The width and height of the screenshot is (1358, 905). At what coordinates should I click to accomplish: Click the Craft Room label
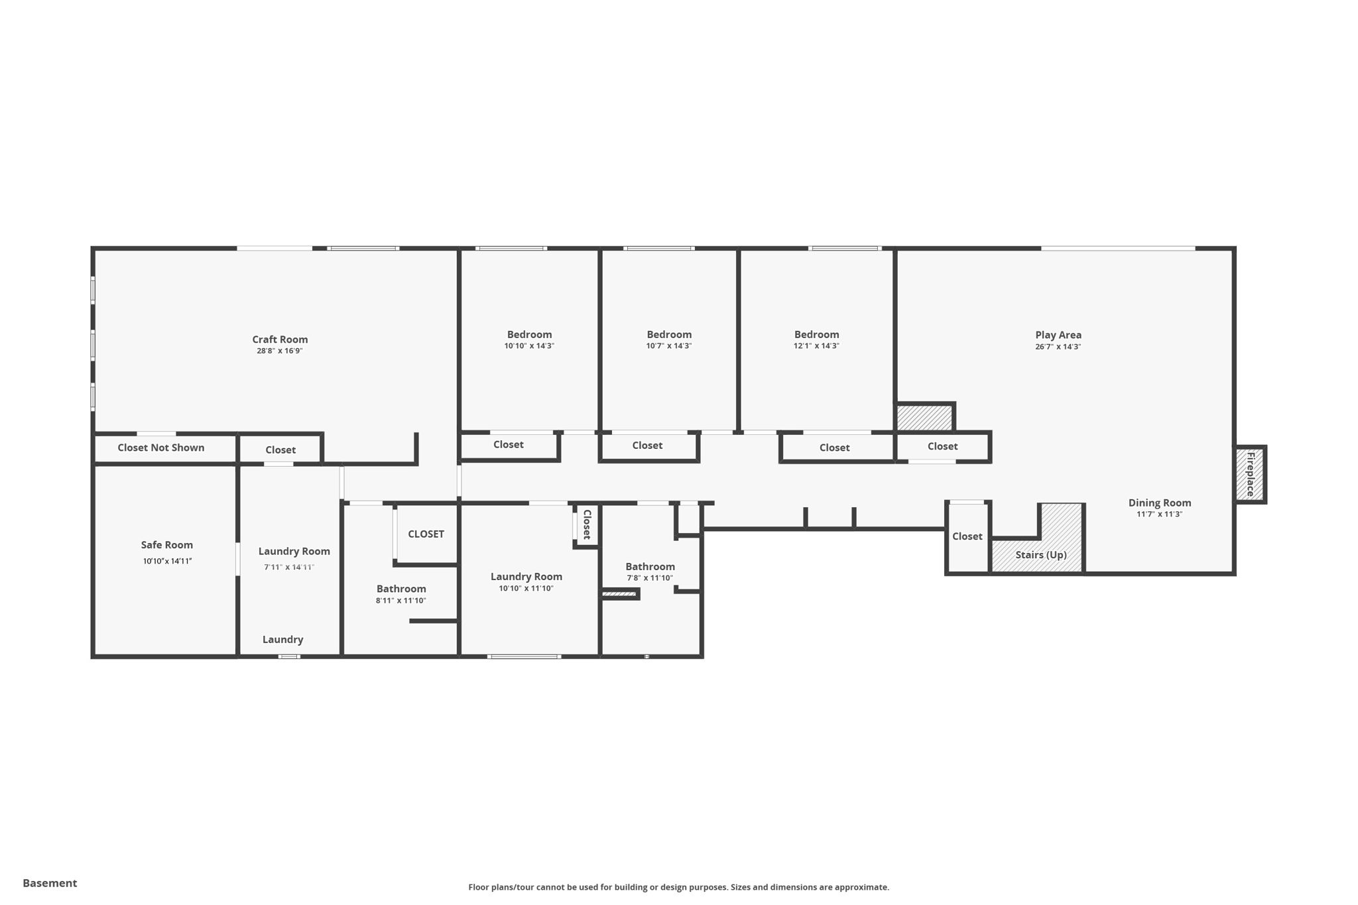click(280, 339)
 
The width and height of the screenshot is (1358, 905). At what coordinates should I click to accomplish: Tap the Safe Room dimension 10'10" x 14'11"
click(167, 561)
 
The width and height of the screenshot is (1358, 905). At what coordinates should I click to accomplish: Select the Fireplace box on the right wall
click(1250, 474)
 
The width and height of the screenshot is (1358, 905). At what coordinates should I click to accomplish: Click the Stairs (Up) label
click(1040, 555)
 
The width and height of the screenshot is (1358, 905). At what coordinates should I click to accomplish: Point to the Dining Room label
click(1159, 503)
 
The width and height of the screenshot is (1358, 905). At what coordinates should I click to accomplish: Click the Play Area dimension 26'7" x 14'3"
click(1058, 347)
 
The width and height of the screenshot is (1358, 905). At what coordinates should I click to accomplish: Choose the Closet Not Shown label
click(161, 448)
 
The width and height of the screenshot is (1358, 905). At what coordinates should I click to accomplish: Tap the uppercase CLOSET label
click(426, 534)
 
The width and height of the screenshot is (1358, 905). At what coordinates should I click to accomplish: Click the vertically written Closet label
click(587, 524)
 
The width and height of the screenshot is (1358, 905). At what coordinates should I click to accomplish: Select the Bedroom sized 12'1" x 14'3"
click(816, 335)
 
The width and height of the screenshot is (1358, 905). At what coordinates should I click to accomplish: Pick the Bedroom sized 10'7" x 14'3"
click(669, 335)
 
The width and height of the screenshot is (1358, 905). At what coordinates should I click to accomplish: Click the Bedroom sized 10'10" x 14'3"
click(529, 335)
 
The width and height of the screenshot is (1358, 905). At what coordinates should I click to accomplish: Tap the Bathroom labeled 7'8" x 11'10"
click(650, 567)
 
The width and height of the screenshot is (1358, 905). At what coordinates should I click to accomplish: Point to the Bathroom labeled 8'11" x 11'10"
click(401, 589)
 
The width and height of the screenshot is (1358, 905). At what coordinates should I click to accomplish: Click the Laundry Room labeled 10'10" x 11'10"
click(526, 577)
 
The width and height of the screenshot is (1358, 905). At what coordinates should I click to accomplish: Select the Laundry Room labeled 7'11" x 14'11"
click(294, 552)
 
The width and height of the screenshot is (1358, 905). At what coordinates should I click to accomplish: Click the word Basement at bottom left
click(50, 883)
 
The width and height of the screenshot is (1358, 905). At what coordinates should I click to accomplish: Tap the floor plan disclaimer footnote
click(678, 887)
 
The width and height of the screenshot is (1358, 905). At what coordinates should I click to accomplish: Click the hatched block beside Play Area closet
click(924, 418)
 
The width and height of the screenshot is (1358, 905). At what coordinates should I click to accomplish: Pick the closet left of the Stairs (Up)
click(967, 536)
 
